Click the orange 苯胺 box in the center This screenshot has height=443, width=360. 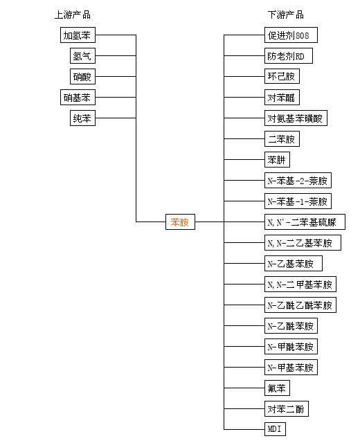180,221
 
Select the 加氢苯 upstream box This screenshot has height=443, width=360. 78,35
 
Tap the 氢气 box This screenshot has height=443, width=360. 82,55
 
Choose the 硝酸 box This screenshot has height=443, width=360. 82,76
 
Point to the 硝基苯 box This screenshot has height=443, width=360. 78,97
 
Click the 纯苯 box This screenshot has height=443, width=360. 82,118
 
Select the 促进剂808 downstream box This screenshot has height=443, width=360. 291,35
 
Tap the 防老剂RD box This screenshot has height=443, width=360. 289,55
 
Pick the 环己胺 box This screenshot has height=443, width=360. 282,76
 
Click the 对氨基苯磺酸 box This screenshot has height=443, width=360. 296,118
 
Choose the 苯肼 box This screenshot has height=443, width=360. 277,159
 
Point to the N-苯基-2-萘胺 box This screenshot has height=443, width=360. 298,180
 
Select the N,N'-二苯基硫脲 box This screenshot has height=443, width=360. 305,221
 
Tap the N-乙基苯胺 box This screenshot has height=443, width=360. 294,263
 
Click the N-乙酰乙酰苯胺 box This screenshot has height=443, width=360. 300,305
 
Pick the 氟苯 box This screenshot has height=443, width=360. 277,388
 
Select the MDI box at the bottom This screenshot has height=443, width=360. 275,429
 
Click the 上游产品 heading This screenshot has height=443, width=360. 73,15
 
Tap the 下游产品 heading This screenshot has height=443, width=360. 286,15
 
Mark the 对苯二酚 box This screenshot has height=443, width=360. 286,408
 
